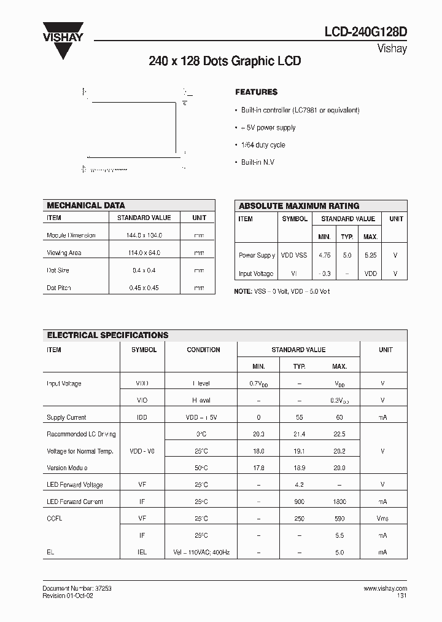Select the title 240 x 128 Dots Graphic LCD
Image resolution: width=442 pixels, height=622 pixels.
[x=225, y=61]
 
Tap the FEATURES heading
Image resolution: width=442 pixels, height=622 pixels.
[x=256, y=92]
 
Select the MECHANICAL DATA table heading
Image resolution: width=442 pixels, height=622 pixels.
[x=86, y=205]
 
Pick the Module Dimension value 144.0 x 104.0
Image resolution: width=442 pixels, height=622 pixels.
[x=144, y=235]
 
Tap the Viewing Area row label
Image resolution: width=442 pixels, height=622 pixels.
[x=64, y=253]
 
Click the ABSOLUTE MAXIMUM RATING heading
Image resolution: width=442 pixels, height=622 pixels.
[x=299, y=206]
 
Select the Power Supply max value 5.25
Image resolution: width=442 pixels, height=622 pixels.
[x=370, y=255]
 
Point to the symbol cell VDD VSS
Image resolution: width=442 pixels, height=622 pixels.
[x=294, y=255]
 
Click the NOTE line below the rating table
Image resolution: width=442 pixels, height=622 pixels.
[x=282, y=291]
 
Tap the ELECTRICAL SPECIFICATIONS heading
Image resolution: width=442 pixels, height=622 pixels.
[x=108, y=335]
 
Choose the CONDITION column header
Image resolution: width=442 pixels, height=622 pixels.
[x=203, y=350]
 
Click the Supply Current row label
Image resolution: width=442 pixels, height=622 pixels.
[x=66, y=417]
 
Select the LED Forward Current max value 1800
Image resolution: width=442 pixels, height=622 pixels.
[x=339, y=502]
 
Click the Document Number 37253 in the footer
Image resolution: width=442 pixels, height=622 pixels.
[x=77, y=588]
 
